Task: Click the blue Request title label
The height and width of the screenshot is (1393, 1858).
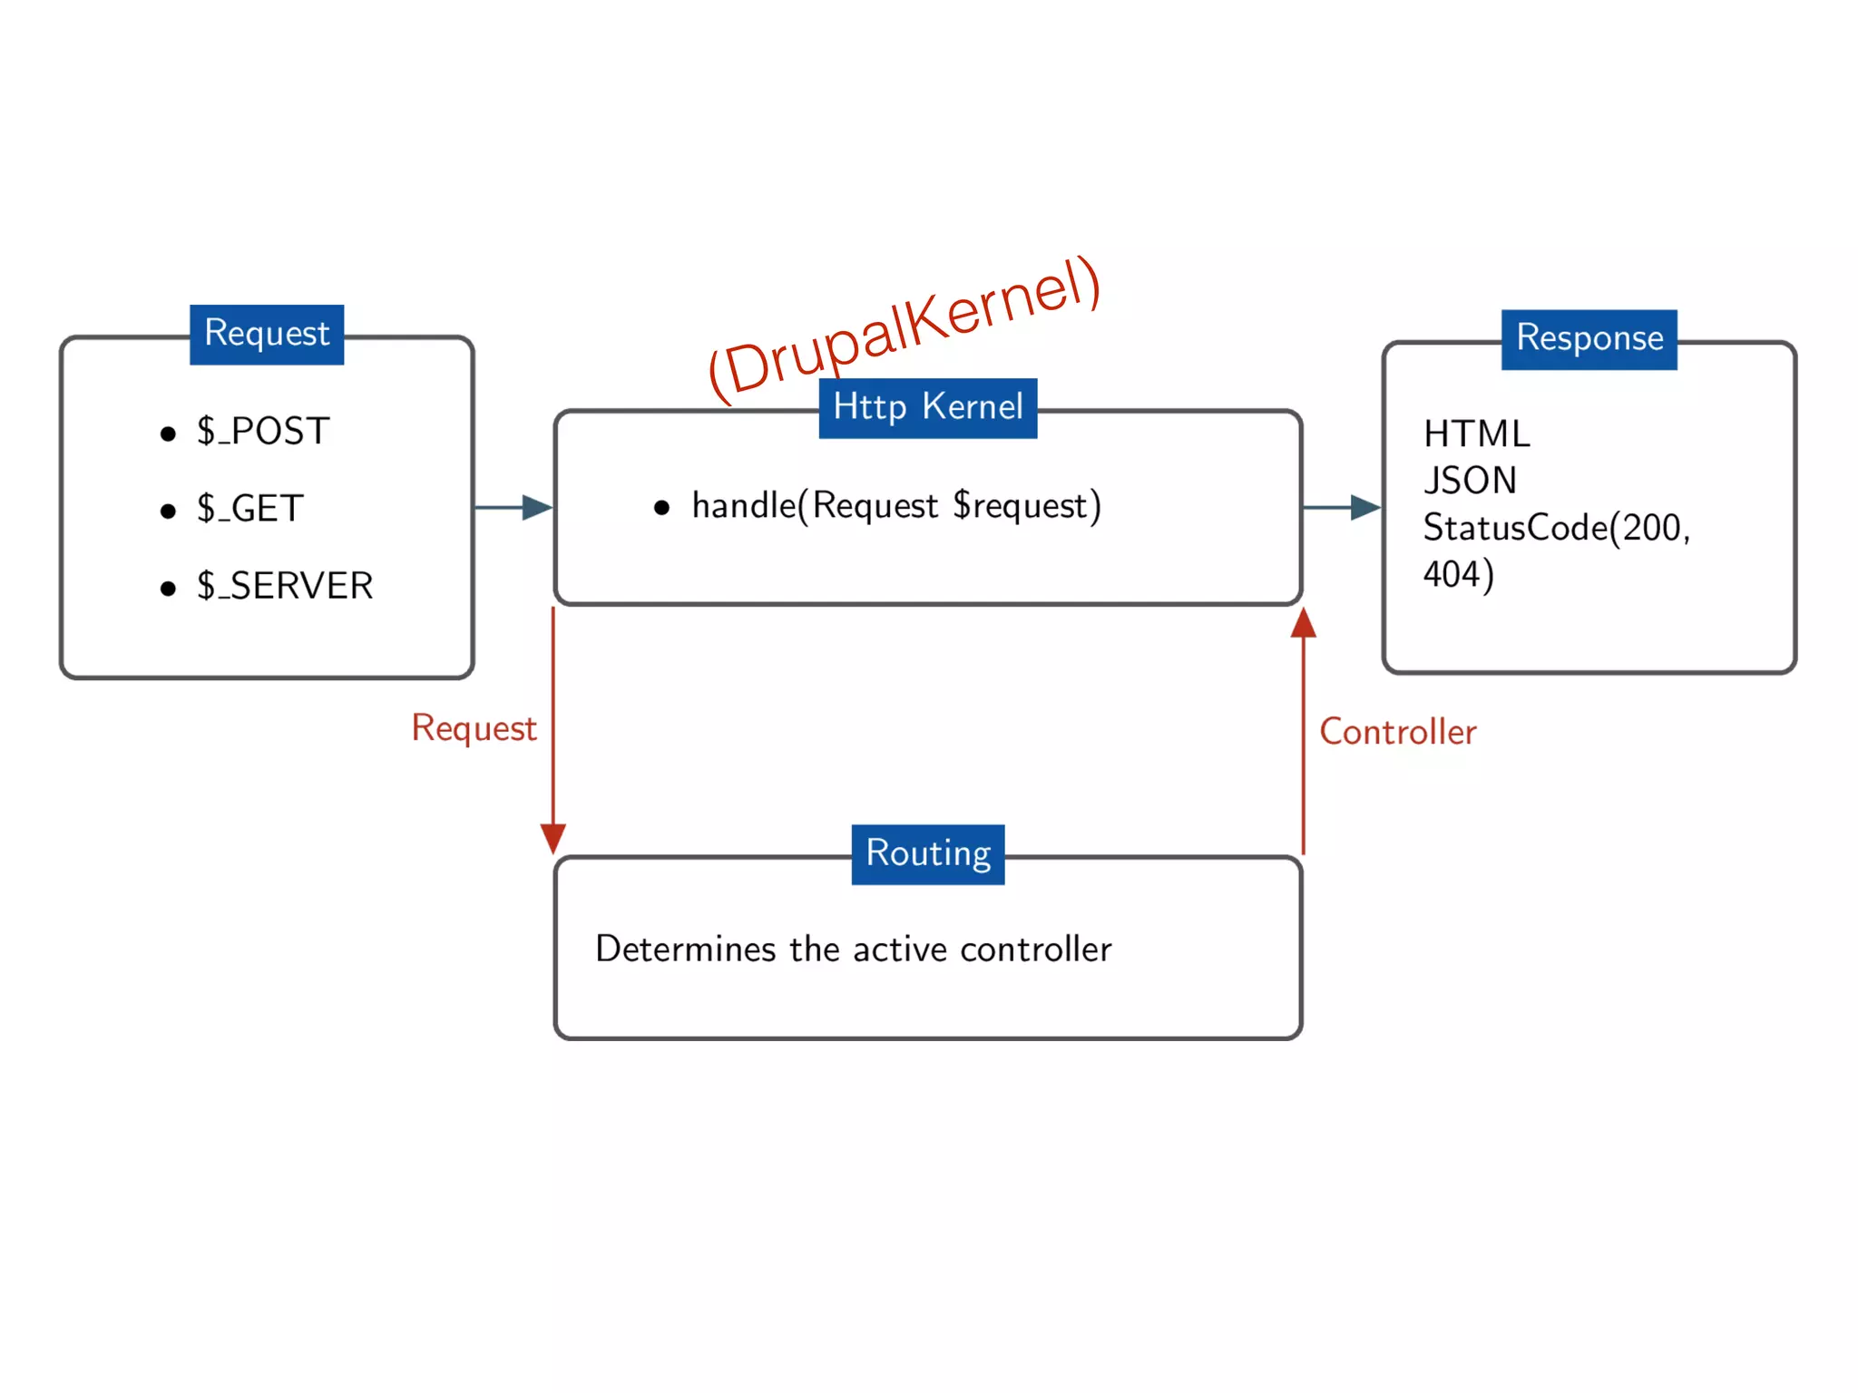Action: point(266,334)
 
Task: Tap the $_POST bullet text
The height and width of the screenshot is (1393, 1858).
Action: point(262,432)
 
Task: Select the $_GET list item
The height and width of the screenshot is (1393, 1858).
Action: point(249,509)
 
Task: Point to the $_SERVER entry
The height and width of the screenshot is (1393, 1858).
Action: point(284,586)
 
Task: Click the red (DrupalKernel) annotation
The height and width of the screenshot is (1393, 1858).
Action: point(904,328)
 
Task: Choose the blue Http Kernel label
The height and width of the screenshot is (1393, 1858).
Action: point(927,407)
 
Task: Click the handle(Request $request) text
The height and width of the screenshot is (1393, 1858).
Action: point(895,506)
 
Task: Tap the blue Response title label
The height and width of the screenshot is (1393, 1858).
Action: point(1589,338)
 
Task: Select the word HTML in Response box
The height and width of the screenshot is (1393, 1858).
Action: point(1476,434)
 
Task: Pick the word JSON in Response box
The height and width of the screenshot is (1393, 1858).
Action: point(1470,481)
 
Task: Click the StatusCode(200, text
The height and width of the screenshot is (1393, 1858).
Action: point(1556,528)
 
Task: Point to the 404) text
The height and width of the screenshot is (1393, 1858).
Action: point(1457,574)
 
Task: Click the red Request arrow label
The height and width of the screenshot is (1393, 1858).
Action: point(474,728)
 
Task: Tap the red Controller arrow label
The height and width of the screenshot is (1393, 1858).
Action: point(1397,732)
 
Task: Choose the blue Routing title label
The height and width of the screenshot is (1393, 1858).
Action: point(927,853)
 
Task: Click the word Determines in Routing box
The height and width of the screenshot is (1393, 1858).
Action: point(685,950)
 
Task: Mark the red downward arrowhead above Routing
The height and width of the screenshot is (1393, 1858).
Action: point(553,837)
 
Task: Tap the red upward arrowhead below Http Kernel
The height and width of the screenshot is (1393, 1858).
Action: point(1303,624)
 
